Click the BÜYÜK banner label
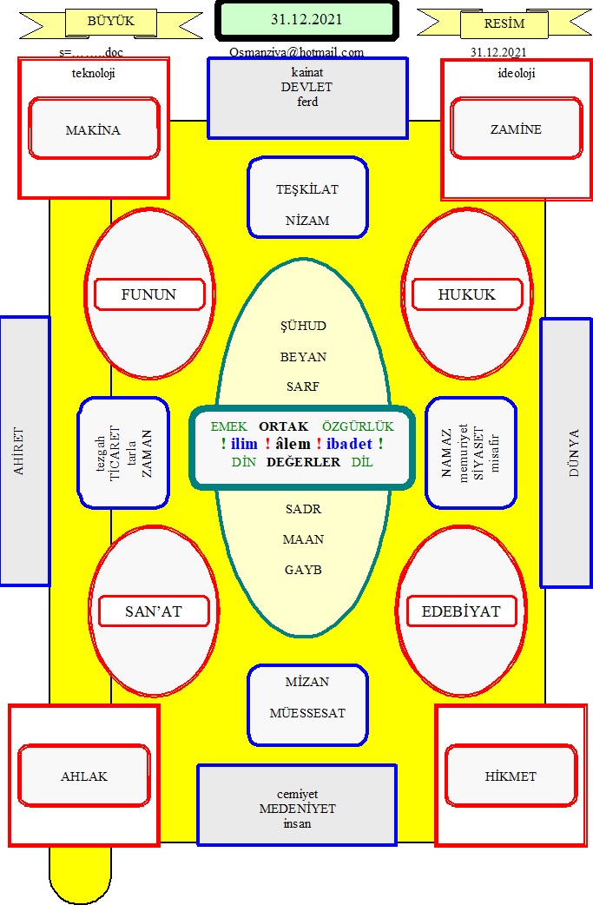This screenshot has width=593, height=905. click(x=111, y=22)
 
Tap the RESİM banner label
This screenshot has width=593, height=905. click(x=504, y=23)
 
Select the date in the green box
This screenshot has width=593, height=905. click(x=306, y=20)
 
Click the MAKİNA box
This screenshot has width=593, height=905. click(x=94, y=129)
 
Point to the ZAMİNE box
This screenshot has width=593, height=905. click(x=517, y=128)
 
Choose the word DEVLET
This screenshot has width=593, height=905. click(x=306, y=87)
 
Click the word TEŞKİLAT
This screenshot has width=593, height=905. click(x=307, y=189)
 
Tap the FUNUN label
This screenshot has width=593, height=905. click(x=148, y=294)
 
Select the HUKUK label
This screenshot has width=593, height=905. click(x=466, y=294)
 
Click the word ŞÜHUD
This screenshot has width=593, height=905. click(x=303, y=326)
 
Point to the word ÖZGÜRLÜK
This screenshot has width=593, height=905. click(x=359, y=426)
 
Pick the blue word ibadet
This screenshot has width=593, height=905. click(x=350, y=444)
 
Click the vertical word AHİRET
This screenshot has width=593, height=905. click(x=19, y=452)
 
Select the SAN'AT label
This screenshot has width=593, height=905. click(x=154, y=611)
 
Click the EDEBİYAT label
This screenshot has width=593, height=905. click(x=461, y=611)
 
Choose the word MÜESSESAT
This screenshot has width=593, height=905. click(x=307, y=713)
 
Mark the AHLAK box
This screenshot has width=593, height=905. click(x=84, y=776)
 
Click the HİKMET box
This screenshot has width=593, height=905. click(x=511, y=776)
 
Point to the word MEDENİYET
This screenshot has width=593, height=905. click(x=298, y=809)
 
